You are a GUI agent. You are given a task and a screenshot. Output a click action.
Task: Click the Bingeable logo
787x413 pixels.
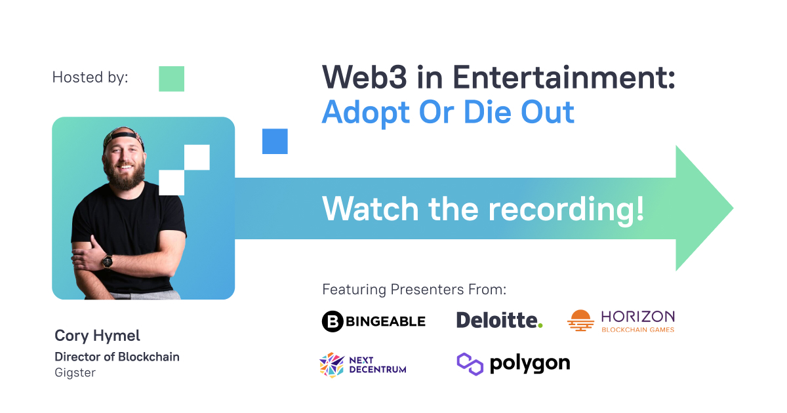point(373,321)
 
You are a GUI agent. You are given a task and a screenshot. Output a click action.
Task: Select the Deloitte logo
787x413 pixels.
point(499,320)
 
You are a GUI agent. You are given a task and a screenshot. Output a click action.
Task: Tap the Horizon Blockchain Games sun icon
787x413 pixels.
point(581,321)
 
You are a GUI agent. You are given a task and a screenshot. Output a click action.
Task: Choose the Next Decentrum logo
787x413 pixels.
point(363,365)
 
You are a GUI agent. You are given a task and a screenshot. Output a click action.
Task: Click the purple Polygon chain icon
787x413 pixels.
point(470,364)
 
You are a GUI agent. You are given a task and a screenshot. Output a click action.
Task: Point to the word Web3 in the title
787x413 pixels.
point(365,77)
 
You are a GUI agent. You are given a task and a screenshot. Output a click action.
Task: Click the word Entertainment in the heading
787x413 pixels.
point(564,77)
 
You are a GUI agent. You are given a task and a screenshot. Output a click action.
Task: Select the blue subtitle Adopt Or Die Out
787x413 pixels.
point(448,112)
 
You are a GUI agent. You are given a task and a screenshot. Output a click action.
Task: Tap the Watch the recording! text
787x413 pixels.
point(483,209)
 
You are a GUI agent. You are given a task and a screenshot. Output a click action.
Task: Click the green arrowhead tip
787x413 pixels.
point(733,208)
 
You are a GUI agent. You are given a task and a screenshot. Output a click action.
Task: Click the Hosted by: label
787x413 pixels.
point(91,77)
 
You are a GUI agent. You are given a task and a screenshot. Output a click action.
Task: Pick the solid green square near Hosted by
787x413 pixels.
point(171,79)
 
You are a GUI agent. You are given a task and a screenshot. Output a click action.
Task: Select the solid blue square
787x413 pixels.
point(275,141)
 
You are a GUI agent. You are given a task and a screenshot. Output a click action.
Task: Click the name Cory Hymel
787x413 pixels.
point(97,336)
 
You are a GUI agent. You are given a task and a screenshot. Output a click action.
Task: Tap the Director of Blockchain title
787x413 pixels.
point(117,357)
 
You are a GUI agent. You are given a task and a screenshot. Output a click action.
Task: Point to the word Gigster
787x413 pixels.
point(75,372)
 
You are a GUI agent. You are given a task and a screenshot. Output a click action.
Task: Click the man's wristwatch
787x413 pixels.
point(107,262)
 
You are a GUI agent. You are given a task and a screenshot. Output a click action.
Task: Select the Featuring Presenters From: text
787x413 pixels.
point(414,290)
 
